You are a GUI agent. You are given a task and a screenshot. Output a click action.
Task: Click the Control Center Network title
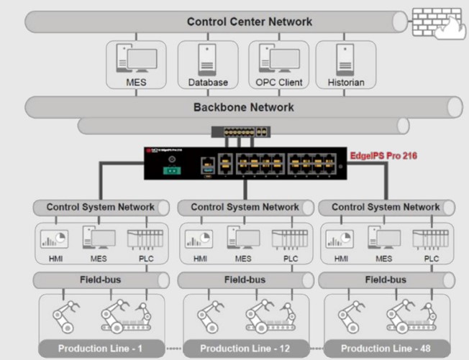tap(249, 21)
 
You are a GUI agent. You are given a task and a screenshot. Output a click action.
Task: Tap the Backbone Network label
tap(243, 107)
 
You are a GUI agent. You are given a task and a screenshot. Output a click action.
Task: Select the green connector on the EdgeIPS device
tap(170, 170)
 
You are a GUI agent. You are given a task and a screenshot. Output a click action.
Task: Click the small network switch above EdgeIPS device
tap(240, 131)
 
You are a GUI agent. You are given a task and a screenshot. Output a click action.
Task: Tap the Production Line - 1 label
tap(100, 349)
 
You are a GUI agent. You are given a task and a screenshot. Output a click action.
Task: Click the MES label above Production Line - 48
tap(384, 259)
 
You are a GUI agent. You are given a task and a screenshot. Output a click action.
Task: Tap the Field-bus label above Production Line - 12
tap(245, 279)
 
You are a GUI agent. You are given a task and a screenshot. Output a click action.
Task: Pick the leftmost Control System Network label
tap(100, 207)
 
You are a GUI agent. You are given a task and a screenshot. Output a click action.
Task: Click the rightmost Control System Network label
tap(386, 207)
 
